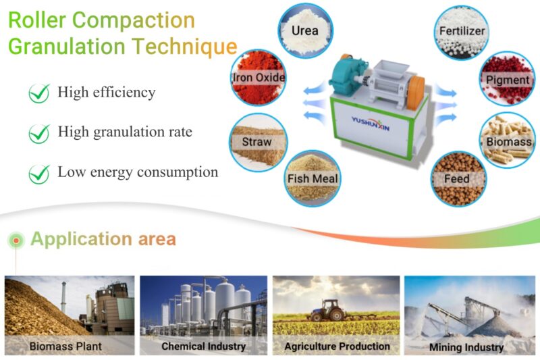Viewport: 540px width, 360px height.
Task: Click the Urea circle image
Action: pos(304,29)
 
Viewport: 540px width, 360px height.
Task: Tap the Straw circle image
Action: pos(257,140)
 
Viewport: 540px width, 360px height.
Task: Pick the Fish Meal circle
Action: pos(313,178)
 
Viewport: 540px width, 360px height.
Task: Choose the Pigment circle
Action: pos(507,78)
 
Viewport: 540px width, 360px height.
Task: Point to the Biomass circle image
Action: pos(508,141)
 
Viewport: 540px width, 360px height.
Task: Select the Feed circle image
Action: pos(456,178)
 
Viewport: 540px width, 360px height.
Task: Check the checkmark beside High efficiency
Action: pos(39,93)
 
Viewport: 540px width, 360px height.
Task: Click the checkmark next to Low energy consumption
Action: pos(39,174)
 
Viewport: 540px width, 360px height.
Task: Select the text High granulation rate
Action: pos(125,132)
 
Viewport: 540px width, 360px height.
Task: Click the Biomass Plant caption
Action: pos(65,346)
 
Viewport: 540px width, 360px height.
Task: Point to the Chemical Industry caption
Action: pos(203,346)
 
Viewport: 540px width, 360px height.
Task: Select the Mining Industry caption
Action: pos(466,347)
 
